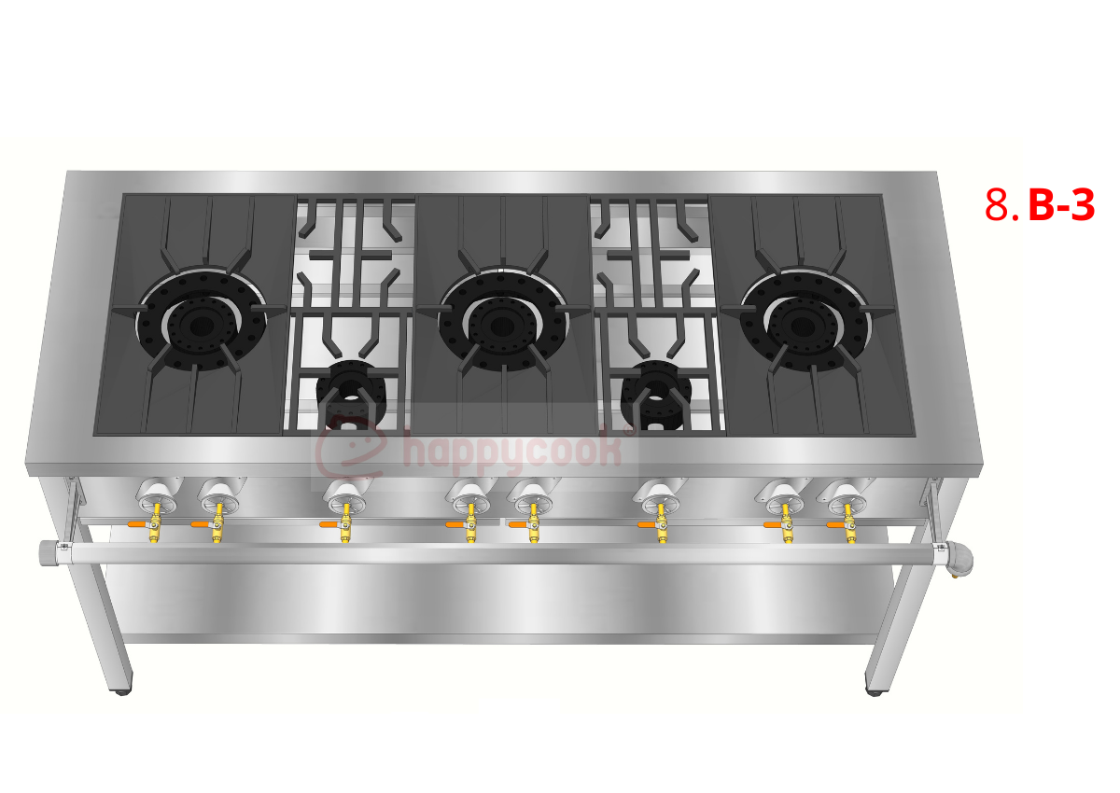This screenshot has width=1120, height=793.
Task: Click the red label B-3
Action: tap(1061, 204)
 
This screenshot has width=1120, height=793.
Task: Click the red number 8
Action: tap(998, 204)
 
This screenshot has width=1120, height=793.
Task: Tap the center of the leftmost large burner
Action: tap(202, 325)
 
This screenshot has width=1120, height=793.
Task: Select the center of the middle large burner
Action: tap(502, 325)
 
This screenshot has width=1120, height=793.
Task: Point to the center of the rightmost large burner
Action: tap(805, 324)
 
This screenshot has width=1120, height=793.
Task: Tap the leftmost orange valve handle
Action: tap(136, 524)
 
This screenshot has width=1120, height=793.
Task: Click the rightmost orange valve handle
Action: tap(835, 524)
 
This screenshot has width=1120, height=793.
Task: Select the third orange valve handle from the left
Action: tap(329, 524)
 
